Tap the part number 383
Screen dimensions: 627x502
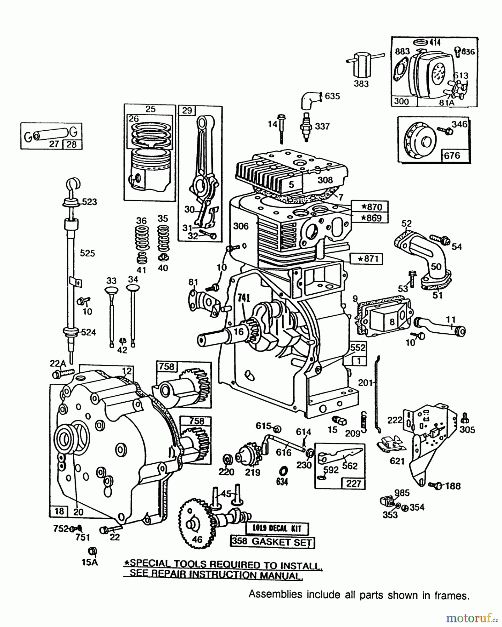point(361,84)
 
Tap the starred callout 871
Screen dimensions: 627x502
point(366,258)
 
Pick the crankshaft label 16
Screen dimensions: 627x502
point(239,331)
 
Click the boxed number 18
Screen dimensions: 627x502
point(60,511)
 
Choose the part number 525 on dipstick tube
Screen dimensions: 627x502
point(87,253)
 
